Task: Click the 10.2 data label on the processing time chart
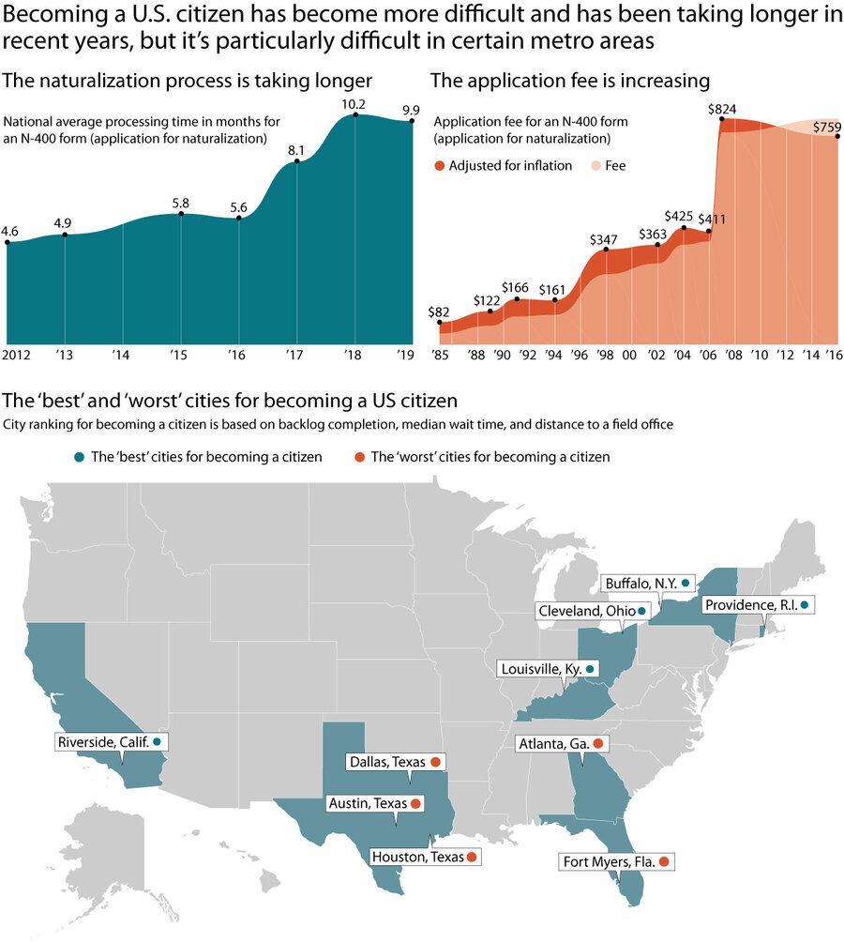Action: pos(354,104)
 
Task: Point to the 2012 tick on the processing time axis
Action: pos(16,357)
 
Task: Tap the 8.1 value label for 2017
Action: pos(297,149)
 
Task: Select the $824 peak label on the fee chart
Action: pos(721,110)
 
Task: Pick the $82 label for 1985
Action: pos(439,311)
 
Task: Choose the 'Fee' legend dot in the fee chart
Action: pos(595,166)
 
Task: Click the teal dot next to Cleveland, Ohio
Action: pos(641,611)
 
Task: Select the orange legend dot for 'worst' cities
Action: pos(360,458)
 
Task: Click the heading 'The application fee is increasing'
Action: pos(569,81)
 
